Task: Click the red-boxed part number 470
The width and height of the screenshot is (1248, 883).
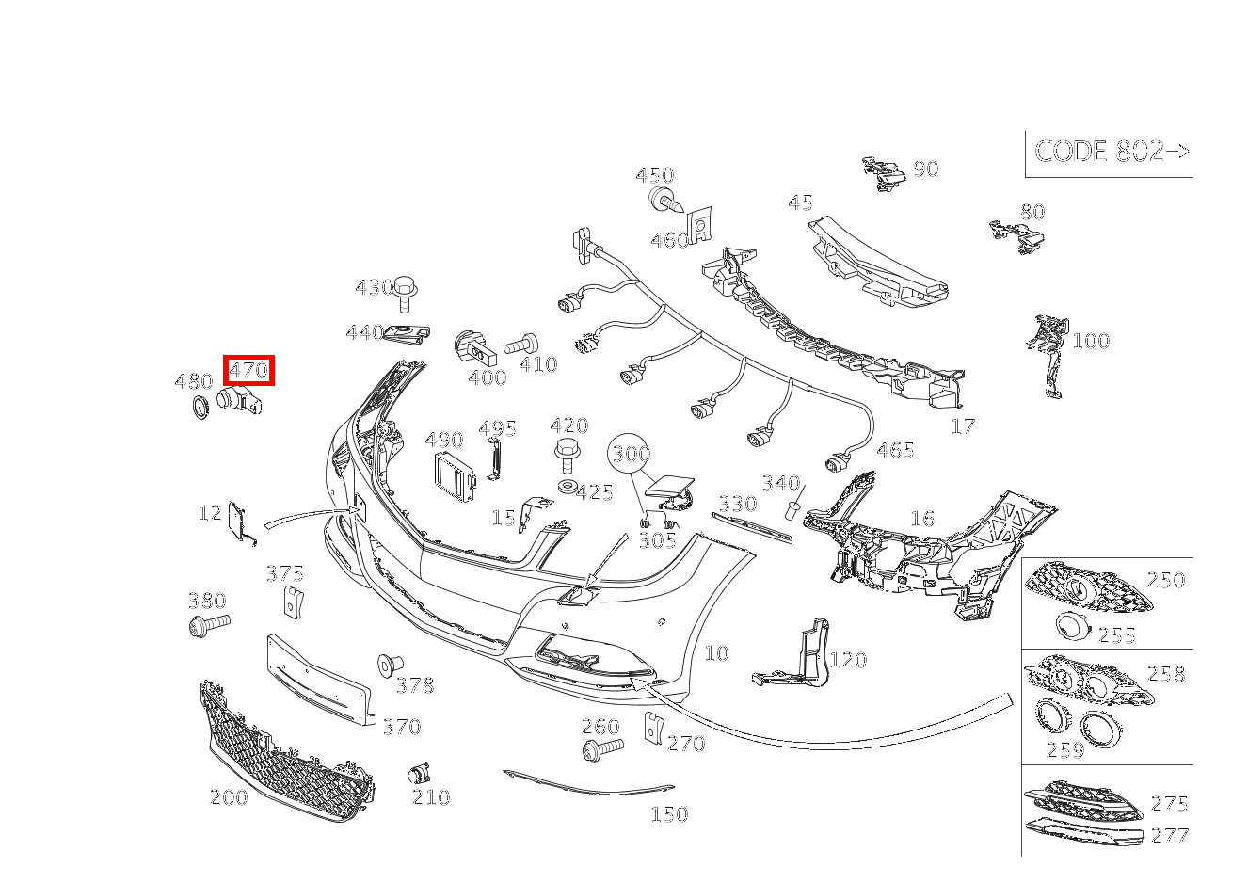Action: point(249,370)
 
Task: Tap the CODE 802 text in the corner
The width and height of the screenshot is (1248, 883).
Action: point(1112,151)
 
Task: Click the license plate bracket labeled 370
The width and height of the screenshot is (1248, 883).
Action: point(319,680)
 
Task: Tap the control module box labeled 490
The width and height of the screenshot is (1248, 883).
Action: point(455,477)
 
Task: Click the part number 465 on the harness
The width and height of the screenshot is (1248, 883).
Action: point(895,450)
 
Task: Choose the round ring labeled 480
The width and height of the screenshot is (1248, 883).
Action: point(199,408)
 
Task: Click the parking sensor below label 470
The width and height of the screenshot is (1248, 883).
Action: point(239,402)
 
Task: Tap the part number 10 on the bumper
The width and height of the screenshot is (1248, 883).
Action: point(716,653)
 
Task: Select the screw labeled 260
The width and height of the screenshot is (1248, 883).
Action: point(602,749)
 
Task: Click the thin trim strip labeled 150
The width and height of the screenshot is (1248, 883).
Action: point(588,784)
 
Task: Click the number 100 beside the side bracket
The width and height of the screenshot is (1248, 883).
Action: point(1091,341)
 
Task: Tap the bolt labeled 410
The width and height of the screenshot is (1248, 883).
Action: point(520,345)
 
